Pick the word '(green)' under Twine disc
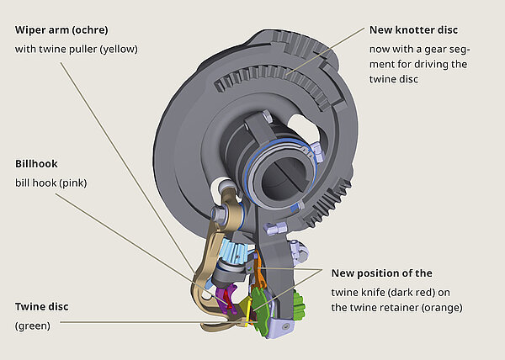(33, 326)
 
